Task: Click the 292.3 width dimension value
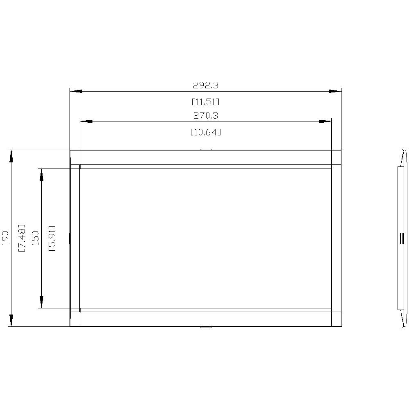(206, 85)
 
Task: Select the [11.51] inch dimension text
(206, 102)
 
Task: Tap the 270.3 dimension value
(206, 115)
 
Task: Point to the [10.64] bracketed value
(206, 132)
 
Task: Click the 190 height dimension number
(5, 238)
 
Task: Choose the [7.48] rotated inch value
(22, 238)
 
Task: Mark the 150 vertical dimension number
(35, 238)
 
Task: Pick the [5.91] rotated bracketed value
(52, 238)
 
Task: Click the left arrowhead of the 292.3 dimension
(76, 91)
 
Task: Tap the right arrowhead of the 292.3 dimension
(335, 91)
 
